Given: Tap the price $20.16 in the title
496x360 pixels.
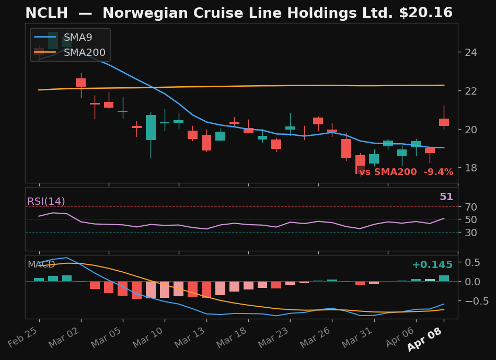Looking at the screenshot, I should (425, 13).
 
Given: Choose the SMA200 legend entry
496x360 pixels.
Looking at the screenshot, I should (84, 53).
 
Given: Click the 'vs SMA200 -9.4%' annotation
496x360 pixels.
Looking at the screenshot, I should (406, 172).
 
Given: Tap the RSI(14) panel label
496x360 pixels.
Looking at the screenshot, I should (46, 202).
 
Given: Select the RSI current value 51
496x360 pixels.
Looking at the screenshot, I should (446, 197).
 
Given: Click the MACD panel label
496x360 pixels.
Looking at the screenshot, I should (41, 265).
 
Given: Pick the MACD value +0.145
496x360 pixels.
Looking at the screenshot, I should (432, 265).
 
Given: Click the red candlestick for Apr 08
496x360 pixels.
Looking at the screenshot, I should (444, 122).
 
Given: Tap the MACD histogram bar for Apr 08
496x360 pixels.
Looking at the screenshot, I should (444, 278).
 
